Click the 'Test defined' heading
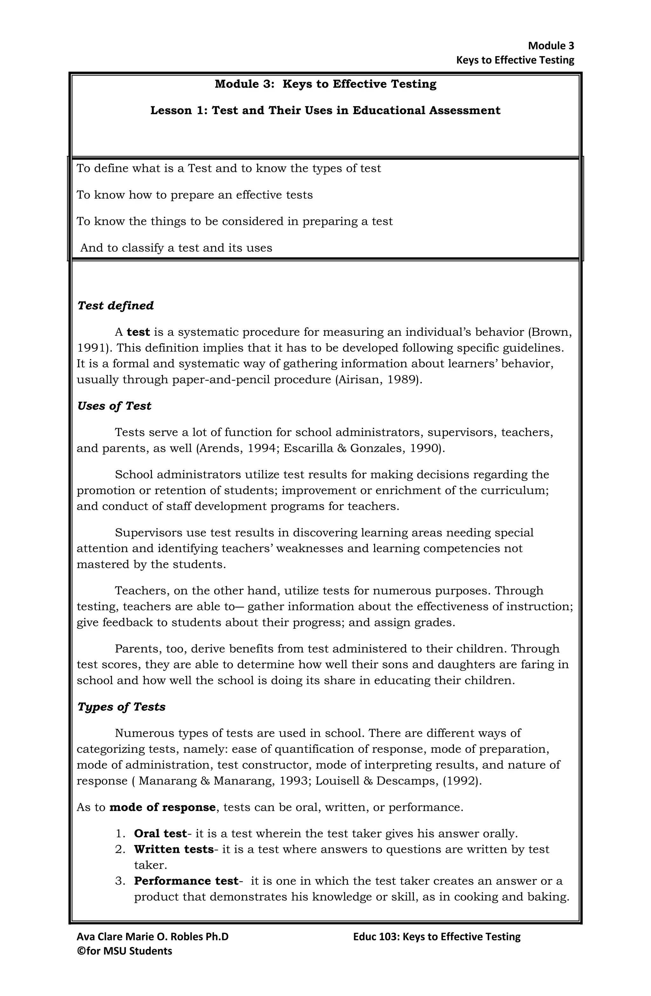(x=115, y=306)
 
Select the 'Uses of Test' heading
(x=114, y=406)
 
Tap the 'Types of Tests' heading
(x=121, y=707)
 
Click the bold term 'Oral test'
(x=160, y=833)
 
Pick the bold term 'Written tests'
(x=173, y=849)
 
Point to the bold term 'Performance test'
(x=186, y=881)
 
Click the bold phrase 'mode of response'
(x=162, y=807)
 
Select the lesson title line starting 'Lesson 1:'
(x=325, y=110)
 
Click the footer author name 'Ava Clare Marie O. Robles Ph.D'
(x=153, y=937)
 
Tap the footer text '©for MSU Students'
(x=125, y=951)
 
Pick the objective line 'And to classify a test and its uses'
(x=176, y=248)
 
